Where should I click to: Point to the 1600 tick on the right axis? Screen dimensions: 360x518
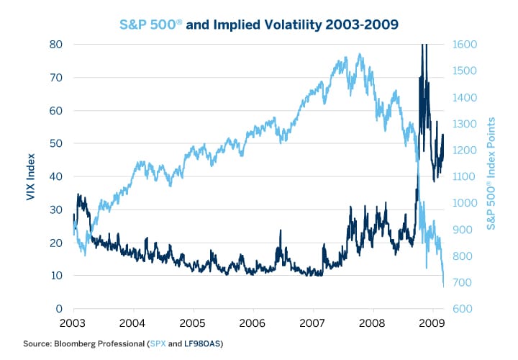[464, 44]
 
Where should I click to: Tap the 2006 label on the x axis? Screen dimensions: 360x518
[253, 321]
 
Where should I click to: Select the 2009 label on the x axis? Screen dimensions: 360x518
[432, 321]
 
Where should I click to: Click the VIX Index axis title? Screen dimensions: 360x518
[32, 176]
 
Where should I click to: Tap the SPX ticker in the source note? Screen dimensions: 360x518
[157, 343]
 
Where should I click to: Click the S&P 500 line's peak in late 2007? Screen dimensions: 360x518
[359, 54]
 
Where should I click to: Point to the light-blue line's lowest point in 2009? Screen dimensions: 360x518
[443, 286]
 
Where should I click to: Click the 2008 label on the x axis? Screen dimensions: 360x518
[372, 321]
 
